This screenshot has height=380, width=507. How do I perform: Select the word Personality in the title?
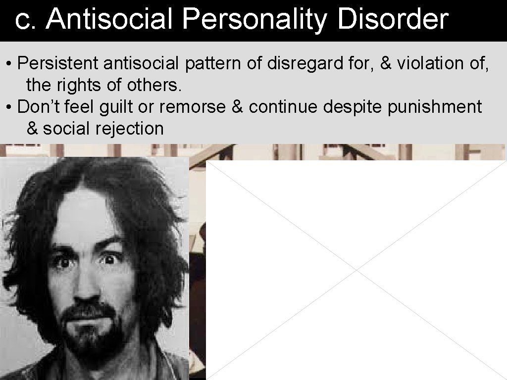[x=254, y=20]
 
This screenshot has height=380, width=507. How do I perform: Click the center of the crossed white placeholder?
[x=356, y=270]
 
